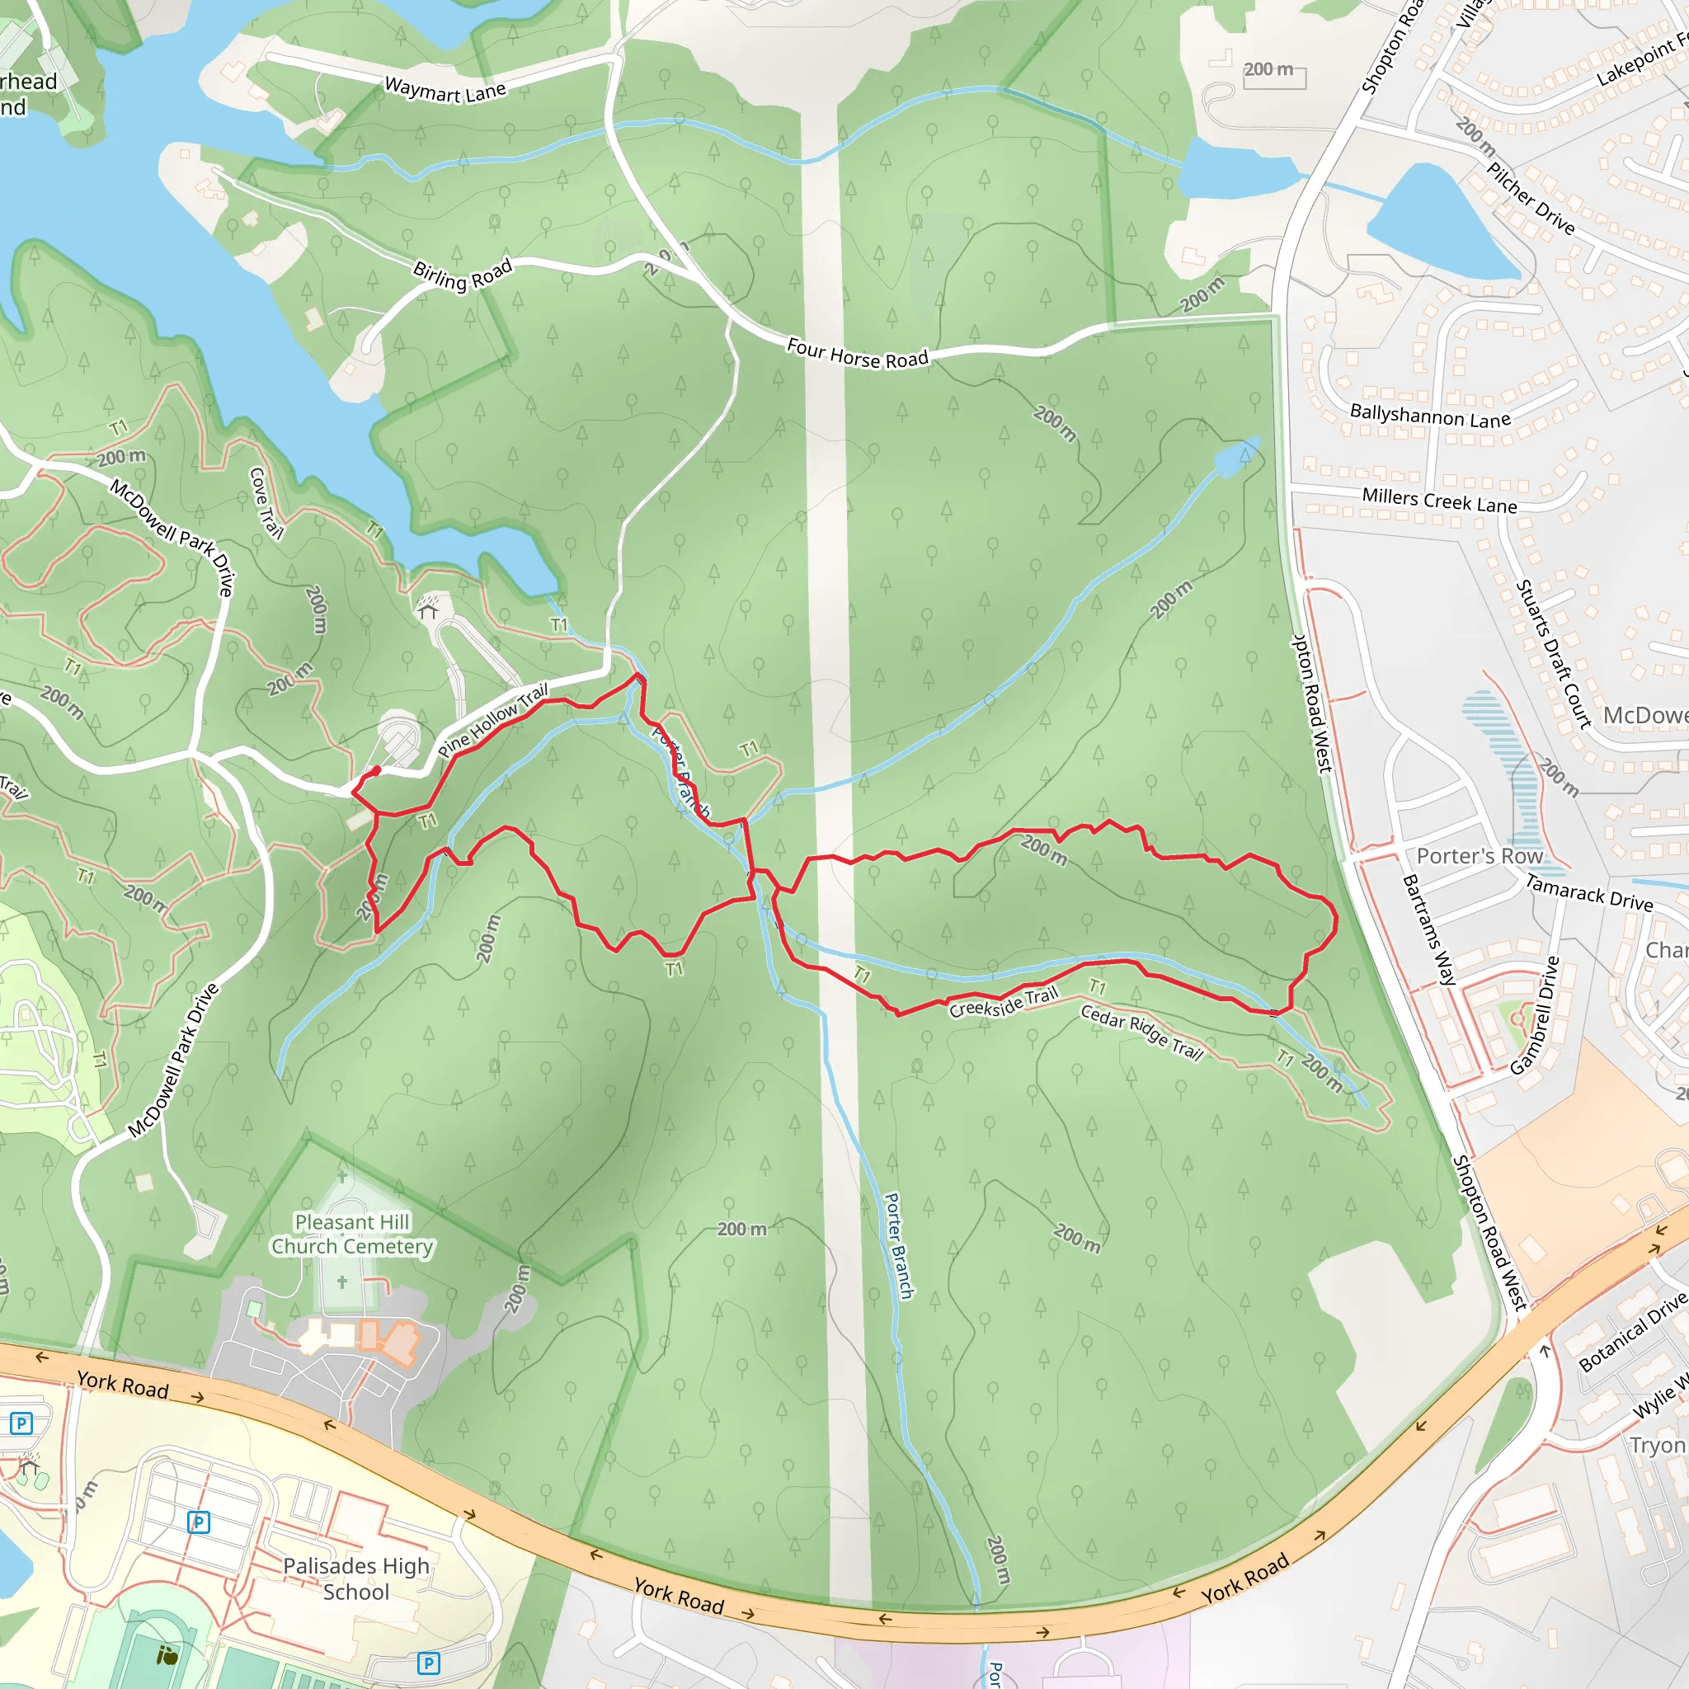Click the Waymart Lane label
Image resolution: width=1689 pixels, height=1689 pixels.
[x=445, y=89]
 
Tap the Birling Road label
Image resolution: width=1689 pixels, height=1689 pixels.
[x=463, y=275]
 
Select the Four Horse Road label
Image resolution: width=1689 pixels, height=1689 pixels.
[x=858, y=353]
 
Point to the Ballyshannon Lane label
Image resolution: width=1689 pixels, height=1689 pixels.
[x=1430, y=416]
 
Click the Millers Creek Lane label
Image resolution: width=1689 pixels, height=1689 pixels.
[x=1439, y=501]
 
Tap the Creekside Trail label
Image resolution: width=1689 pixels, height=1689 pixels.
[x=1004, y=1002]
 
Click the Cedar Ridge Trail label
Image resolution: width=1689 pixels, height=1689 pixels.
[x=1141, y=1033]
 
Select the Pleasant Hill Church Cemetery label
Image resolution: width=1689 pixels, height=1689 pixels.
[x=351, y=1234]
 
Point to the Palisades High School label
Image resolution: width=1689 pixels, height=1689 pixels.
[x=355, y=1578]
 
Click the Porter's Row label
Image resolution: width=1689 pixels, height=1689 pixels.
[x=1480, y=856]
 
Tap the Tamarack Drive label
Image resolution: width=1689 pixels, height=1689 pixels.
[x=1589, y=893]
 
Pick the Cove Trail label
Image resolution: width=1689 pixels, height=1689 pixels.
[x=266, y=503]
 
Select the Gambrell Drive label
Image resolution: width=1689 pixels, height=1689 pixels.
[x=1535, y=1015]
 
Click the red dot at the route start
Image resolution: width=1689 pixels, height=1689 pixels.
[x=377, y=770]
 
